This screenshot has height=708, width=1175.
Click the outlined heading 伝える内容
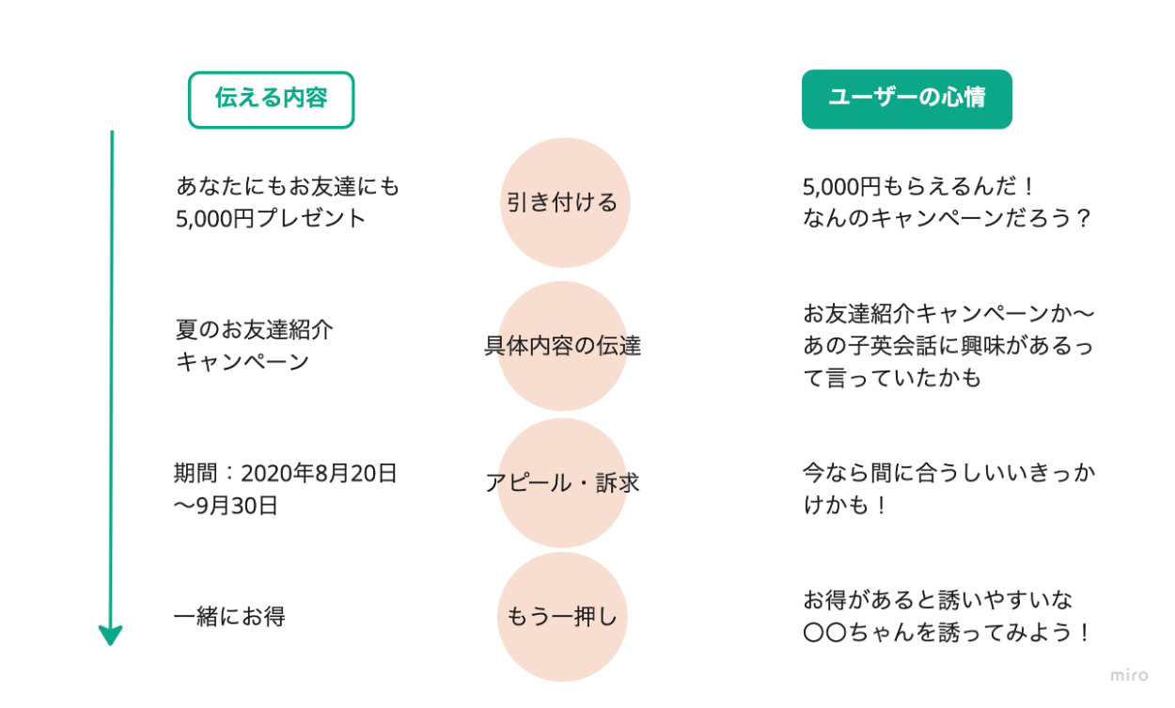(x=271, y=100)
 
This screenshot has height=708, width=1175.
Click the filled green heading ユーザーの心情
(x=906, y=99)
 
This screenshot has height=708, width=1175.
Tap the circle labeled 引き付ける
(x=563, y=202)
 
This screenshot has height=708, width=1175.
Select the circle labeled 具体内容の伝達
(x=562, y=345)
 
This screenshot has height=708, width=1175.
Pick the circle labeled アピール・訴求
(x=562, y=482)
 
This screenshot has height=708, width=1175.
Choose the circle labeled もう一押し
(x=562, y=617)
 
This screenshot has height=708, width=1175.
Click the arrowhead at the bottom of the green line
(x=111, y=636)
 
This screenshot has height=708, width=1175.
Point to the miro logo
(x=1128, y=675)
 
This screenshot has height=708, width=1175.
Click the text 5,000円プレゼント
(x=271, y=218)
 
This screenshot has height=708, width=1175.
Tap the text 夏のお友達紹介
(x=255, y=330)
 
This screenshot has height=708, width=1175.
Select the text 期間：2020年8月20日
(x=286, y=473)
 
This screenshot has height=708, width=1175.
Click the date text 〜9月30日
(x=226, y=506)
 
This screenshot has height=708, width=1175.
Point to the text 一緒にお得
(x=229, y=617)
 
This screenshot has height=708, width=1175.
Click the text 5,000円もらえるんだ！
(x=919, y=186)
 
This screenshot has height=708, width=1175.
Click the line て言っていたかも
(x=892, y=378)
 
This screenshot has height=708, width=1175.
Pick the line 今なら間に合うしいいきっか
(x=948, y=473)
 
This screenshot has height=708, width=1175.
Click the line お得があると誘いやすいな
(x=938, y=600)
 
